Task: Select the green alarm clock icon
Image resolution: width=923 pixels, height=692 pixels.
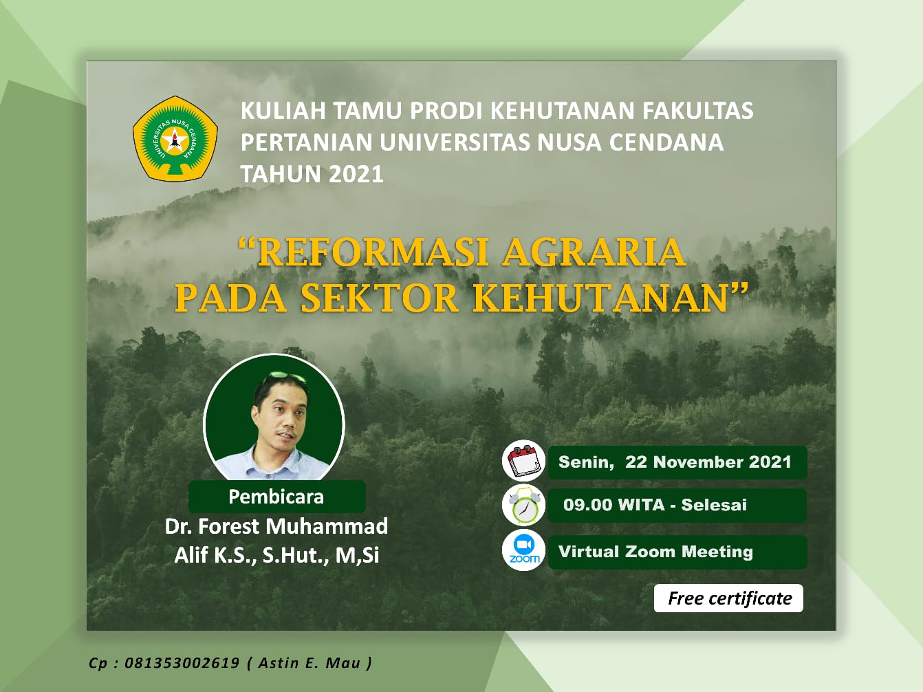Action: (523, 506)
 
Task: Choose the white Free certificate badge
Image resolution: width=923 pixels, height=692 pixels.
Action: (728, 598)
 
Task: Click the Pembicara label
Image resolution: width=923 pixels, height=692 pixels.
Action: (276, 497)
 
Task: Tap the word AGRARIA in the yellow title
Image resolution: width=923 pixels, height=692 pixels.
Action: (594, 252)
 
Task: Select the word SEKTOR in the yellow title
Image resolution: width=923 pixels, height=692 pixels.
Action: (379, 298)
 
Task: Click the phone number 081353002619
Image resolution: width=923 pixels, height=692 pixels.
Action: (182, 663)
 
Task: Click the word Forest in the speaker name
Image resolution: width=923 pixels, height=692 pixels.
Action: (229, 526)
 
